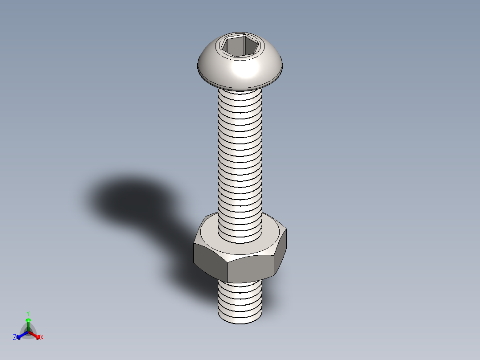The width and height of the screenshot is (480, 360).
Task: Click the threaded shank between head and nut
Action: click(240, 156)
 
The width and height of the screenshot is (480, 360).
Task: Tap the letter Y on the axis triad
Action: click(28, 313)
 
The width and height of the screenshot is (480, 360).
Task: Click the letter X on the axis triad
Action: click(42, 338)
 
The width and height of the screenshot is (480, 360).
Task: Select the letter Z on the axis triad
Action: click(15, 337)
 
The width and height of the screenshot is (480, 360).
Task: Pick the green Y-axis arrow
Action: click(28, 324)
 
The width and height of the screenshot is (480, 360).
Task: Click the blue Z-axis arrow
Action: click(21, 335)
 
